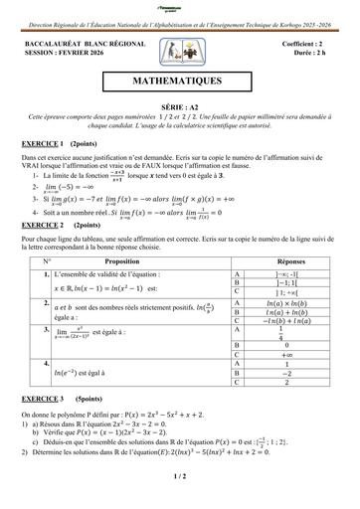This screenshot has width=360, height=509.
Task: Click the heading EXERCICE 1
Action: click(x=43, y=144)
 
